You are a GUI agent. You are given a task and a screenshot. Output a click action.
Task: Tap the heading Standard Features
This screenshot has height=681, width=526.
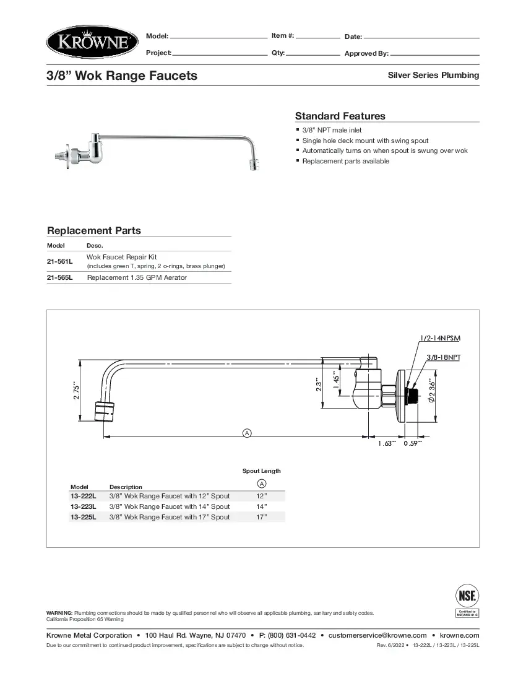coord(340,116)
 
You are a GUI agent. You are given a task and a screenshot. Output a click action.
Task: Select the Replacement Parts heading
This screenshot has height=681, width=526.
coord(94,231)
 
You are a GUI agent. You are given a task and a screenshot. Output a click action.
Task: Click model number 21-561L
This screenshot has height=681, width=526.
coord(60,261)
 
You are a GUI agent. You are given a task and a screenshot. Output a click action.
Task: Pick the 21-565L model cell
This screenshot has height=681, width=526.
coord(60,277)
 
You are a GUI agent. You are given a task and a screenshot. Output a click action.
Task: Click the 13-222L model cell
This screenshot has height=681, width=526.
coord(84,497)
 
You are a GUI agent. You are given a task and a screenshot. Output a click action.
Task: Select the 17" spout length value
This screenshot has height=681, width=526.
coord(261,517)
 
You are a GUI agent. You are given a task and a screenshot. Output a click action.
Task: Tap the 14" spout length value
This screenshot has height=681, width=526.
coord(261,507)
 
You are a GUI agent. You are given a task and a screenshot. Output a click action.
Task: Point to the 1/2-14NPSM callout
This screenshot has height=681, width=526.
coord(440,338)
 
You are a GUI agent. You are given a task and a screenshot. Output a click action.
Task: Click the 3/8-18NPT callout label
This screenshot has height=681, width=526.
coord(444,357)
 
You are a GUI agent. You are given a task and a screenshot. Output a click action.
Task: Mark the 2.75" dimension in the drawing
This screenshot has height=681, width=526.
coord(76,391)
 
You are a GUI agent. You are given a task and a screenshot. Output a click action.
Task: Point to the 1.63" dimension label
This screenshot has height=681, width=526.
coord(387,443)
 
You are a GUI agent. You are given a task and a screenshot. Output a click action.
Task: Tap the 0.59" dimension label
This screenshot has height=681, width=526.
coord(413,443)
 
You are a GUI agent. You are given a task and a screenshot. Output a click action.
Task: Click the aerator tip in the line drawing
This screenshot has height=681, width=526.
coord(106,411)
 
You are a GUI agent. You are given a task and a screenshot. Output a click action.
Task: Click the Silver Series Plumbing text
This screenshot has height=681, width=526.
coord(433,76)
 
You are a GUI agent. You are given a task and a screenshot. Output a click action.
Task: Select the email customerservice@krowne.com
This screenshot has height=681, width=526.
coord(377,635)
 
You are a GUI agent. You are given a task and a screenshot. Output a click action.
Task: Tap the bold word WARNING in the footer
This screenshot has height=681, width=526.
coord(59,612)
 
